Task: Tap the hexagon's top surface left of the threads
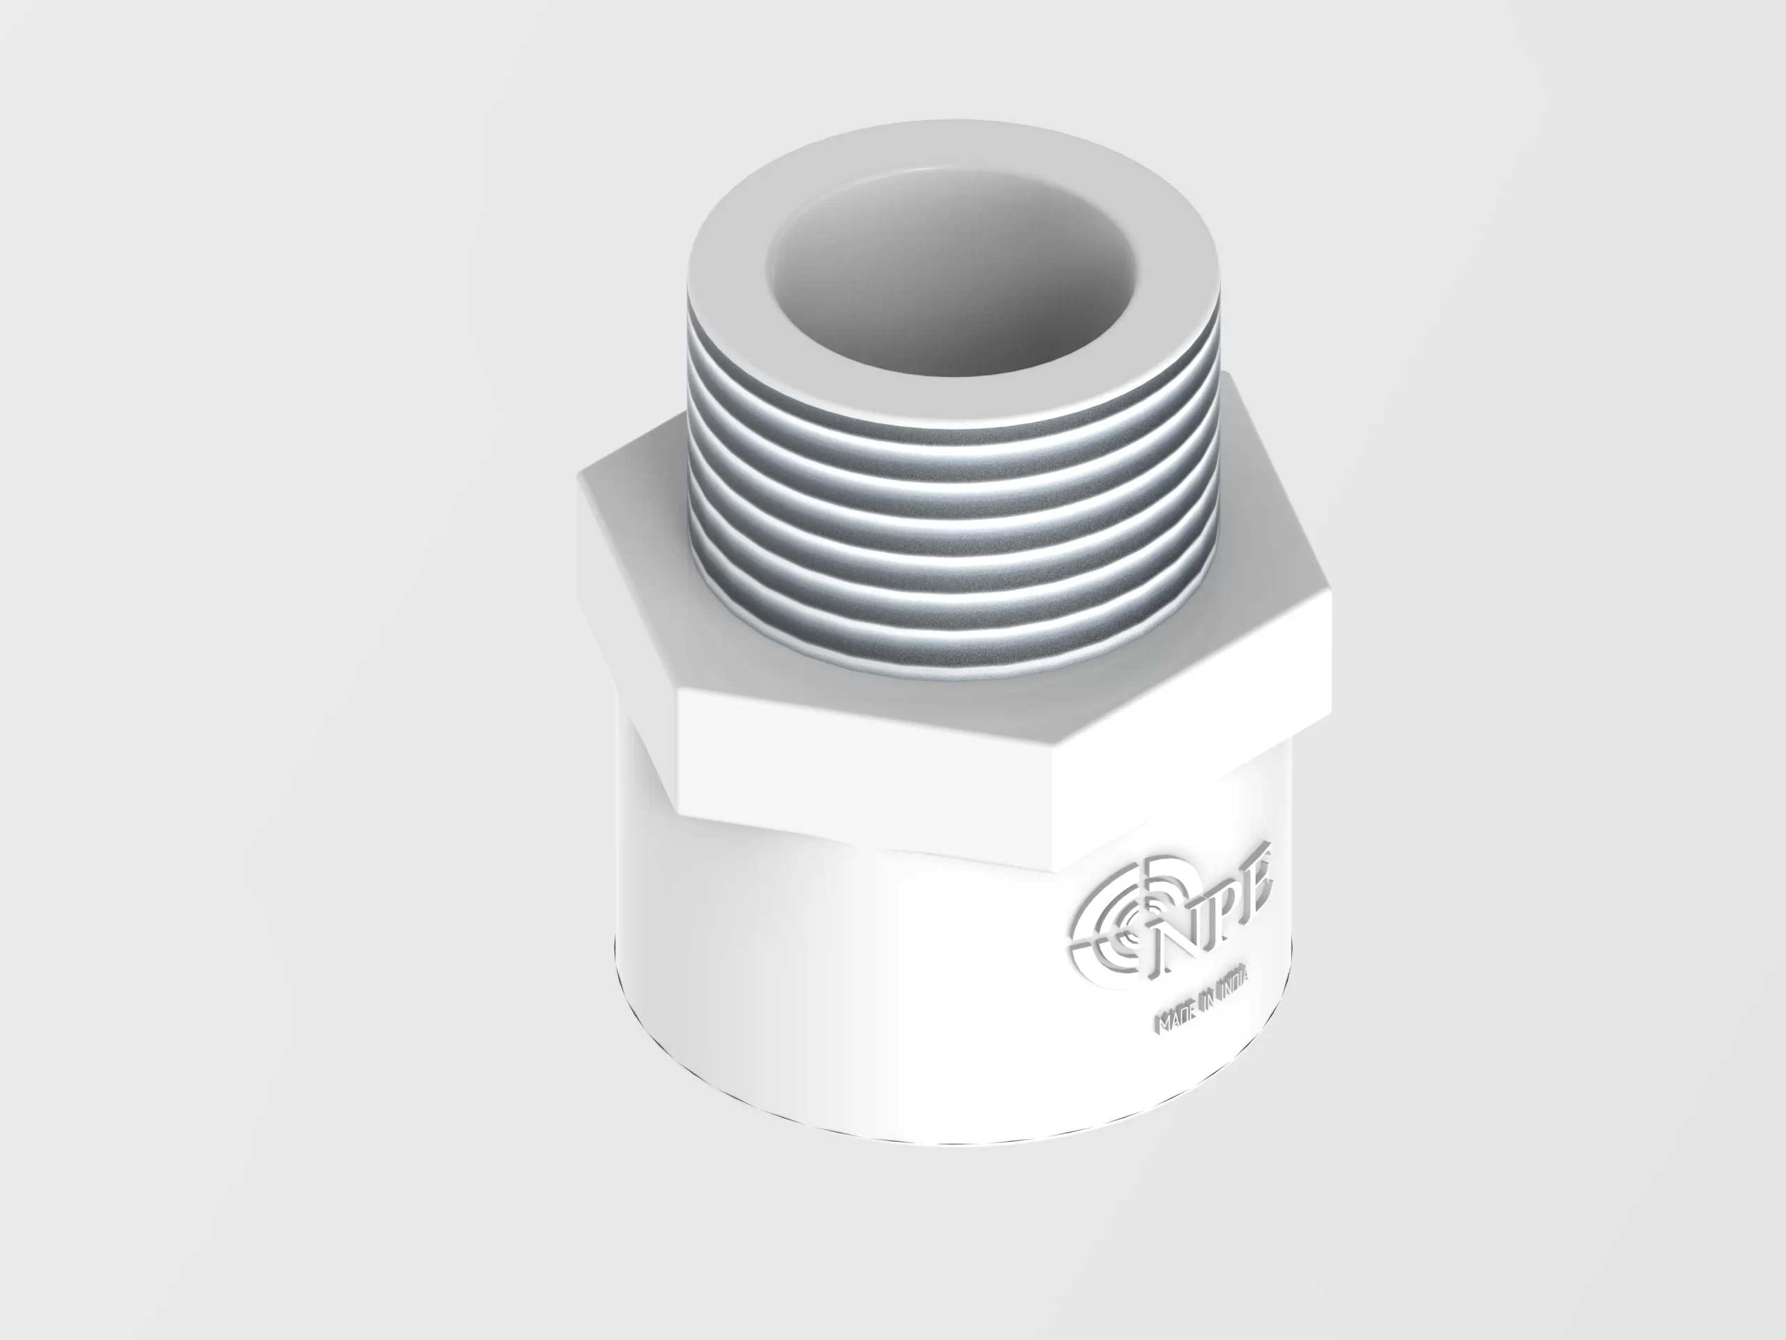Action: pos(638,493)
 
